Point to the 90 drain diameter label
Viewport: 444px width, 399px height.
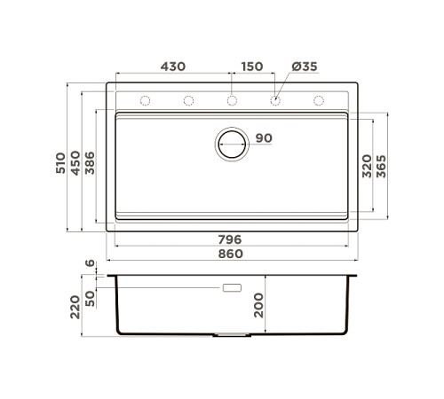[264, 138]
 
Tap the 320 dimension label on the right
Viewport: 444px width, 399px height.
[365, 166]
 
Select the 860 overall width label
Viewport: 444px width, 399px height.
[231, 254]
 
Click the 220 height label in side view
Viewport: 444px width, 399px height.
[76, 306]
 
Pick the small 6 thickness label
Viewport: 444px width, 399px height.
[89, 264]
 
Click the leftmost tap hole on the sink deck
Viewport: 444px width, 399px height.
[145, 100]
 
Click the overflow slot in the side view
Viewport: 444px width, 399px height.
[234, 288]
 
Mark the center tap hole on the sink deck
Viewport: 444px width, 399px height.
[232, 100]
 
